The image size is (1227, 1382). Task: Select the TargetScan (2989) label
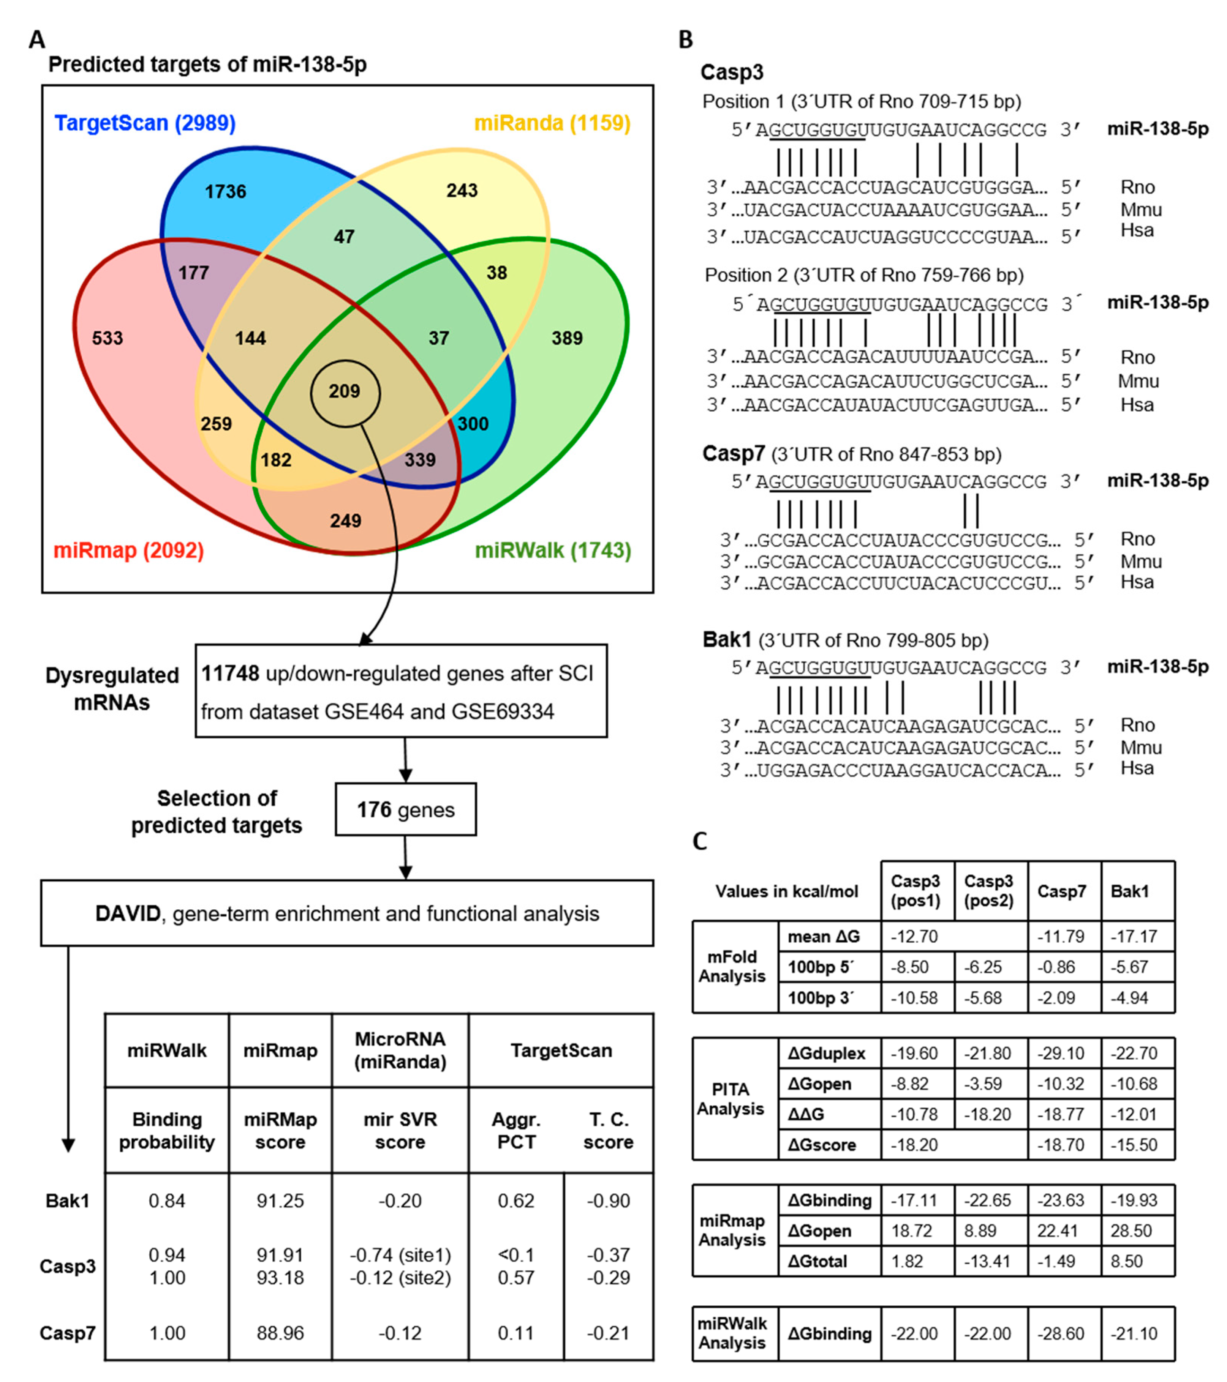[145, 123]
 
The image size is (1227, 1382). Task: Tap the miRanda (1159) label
[552, 123]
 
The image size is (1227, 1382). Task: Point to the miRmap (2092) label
[128, 551]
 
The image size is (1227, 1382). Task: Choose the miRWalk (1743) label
[553, 551]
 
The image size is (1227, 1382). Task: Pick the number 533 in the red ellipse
[108, 338]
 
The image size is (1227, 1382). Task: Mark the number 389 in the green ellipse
[567, 338]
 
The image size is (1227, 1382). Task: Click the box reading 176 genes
[405, 810]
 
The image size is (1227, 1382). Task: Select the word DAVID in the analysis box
[128, 914]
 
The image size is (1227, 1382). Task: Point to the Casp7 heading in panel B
[733, 454]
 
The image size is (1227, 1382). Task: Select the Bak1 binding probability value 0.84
[167, 1201]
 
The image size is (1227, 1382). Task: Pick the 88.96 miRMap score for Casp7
[280, 1333]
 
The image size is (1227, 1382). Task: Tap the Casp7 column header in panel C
[1061, 891]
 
